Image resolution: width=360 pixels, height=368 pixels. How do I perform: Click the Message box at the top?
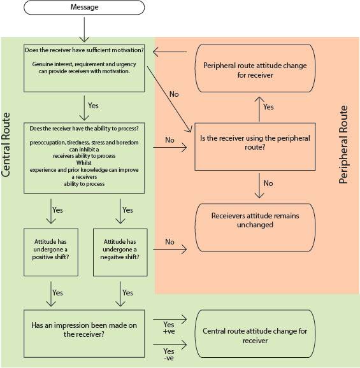point(84,7)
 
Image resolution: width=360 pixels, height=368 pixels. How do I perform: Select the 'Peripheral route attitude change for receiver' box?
point(255,68)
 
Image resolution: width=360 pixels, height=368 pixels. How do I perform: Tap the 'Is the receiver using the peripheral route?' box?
point(255,146)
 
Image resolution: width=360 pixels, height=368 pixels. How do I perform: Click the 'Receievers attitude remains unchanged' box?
point(255,227)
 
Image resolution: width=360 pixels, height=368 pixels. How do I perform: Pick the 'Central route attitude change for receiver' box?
point(255,334)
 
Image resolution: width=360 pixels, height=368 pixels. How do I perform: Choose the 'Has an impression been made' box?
point(84,334)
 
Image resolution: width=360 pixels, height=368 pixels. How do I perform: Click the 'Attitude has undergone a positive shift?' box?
point(51,252)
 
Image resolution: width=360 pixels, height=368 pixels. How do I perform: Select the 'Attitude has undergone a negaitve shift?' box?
point(120,252)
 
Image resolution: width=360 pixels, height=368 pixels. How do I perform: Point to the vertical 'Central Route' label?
point(6,145)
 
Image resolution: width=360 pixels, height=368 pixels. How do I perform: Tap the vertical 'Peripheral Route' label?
point(343,145)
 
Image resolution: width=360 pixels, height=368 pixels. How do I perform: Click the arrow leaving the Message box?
point(84,29)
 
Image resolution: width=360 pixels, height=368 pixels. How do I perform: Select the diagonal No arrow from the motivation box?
point(169,99)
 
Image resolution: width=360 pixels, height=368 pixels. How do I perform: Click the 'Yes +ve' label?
point(169,328)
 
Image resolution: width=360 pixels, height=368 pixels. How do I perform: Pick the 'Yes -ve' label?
point(169,355)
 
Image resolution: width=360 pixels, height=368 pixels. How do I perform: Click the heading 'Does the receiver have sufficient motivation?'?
point(84,50)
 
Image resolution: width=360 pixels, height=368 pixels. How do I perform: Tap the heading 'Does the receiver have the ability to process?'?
point(84,129)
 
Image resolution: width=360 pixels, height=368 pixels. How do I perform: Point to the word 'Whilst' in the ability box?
point(84,162)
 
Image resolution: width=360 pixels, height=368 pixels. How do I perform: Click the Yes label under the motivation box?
point(93,106)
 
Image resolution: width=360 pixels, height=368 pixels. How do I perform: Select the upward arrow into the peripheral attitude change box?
point(259,109)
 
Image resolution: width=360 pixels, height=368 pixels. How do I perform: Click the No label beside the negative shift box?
point(169,242)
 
